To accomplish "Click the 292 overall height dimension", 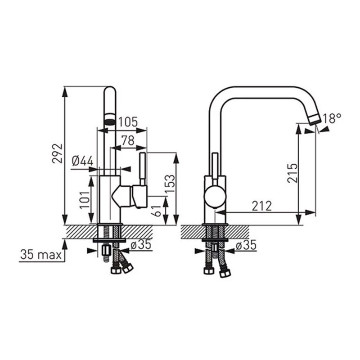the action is coord(57,153).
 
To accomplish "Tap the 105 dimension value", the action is coord(128,122).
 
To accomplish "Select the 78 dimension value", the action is coord(128,140).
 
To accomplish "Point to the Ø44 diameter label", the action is coord(83,161).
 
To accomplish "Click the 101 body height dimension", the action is coord(85,200).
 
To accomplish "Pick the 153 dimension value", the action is coord(170,184).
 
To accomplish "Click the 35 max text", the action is coord(41,255).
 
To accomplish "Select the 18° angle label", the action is coord(332,118).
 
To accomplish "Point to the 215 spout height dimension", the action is coord(292,173).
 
